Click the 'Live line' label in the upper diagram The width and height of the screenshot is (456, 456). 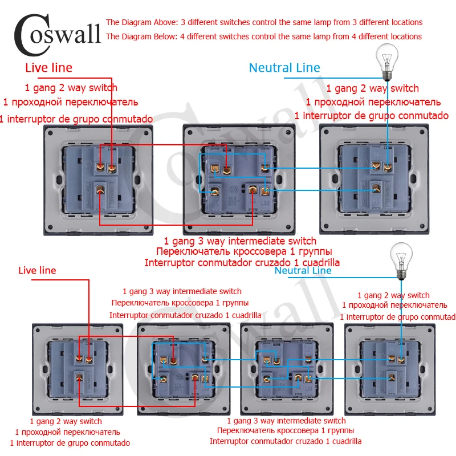coord(48,68)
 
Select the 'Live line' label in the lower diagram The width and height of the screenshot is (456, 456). coord(37,270)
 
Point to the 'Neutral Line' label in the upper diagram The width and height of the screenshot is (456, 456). coord(284,68)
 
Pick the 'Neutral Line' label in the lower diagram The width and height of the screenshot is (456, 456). coord(303,270)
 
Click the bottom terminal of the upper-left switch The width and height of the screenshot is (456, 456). coord(100,190)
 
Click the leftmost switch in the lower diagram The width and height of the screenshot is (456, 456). coord(78,368)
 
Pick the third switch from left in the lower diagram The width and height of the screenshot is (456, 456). coord(286,368)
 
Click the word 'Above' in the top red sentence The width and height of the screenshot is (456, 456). coord(164,22)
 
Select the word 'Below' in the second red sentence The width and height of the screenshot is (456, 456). coord(164,36)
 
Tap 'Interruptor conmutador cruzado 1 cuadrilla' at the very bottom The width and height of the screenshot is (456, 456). coord(285,441)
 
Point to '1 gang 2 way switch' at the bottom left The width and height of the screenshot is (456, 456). coord(58,421)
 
